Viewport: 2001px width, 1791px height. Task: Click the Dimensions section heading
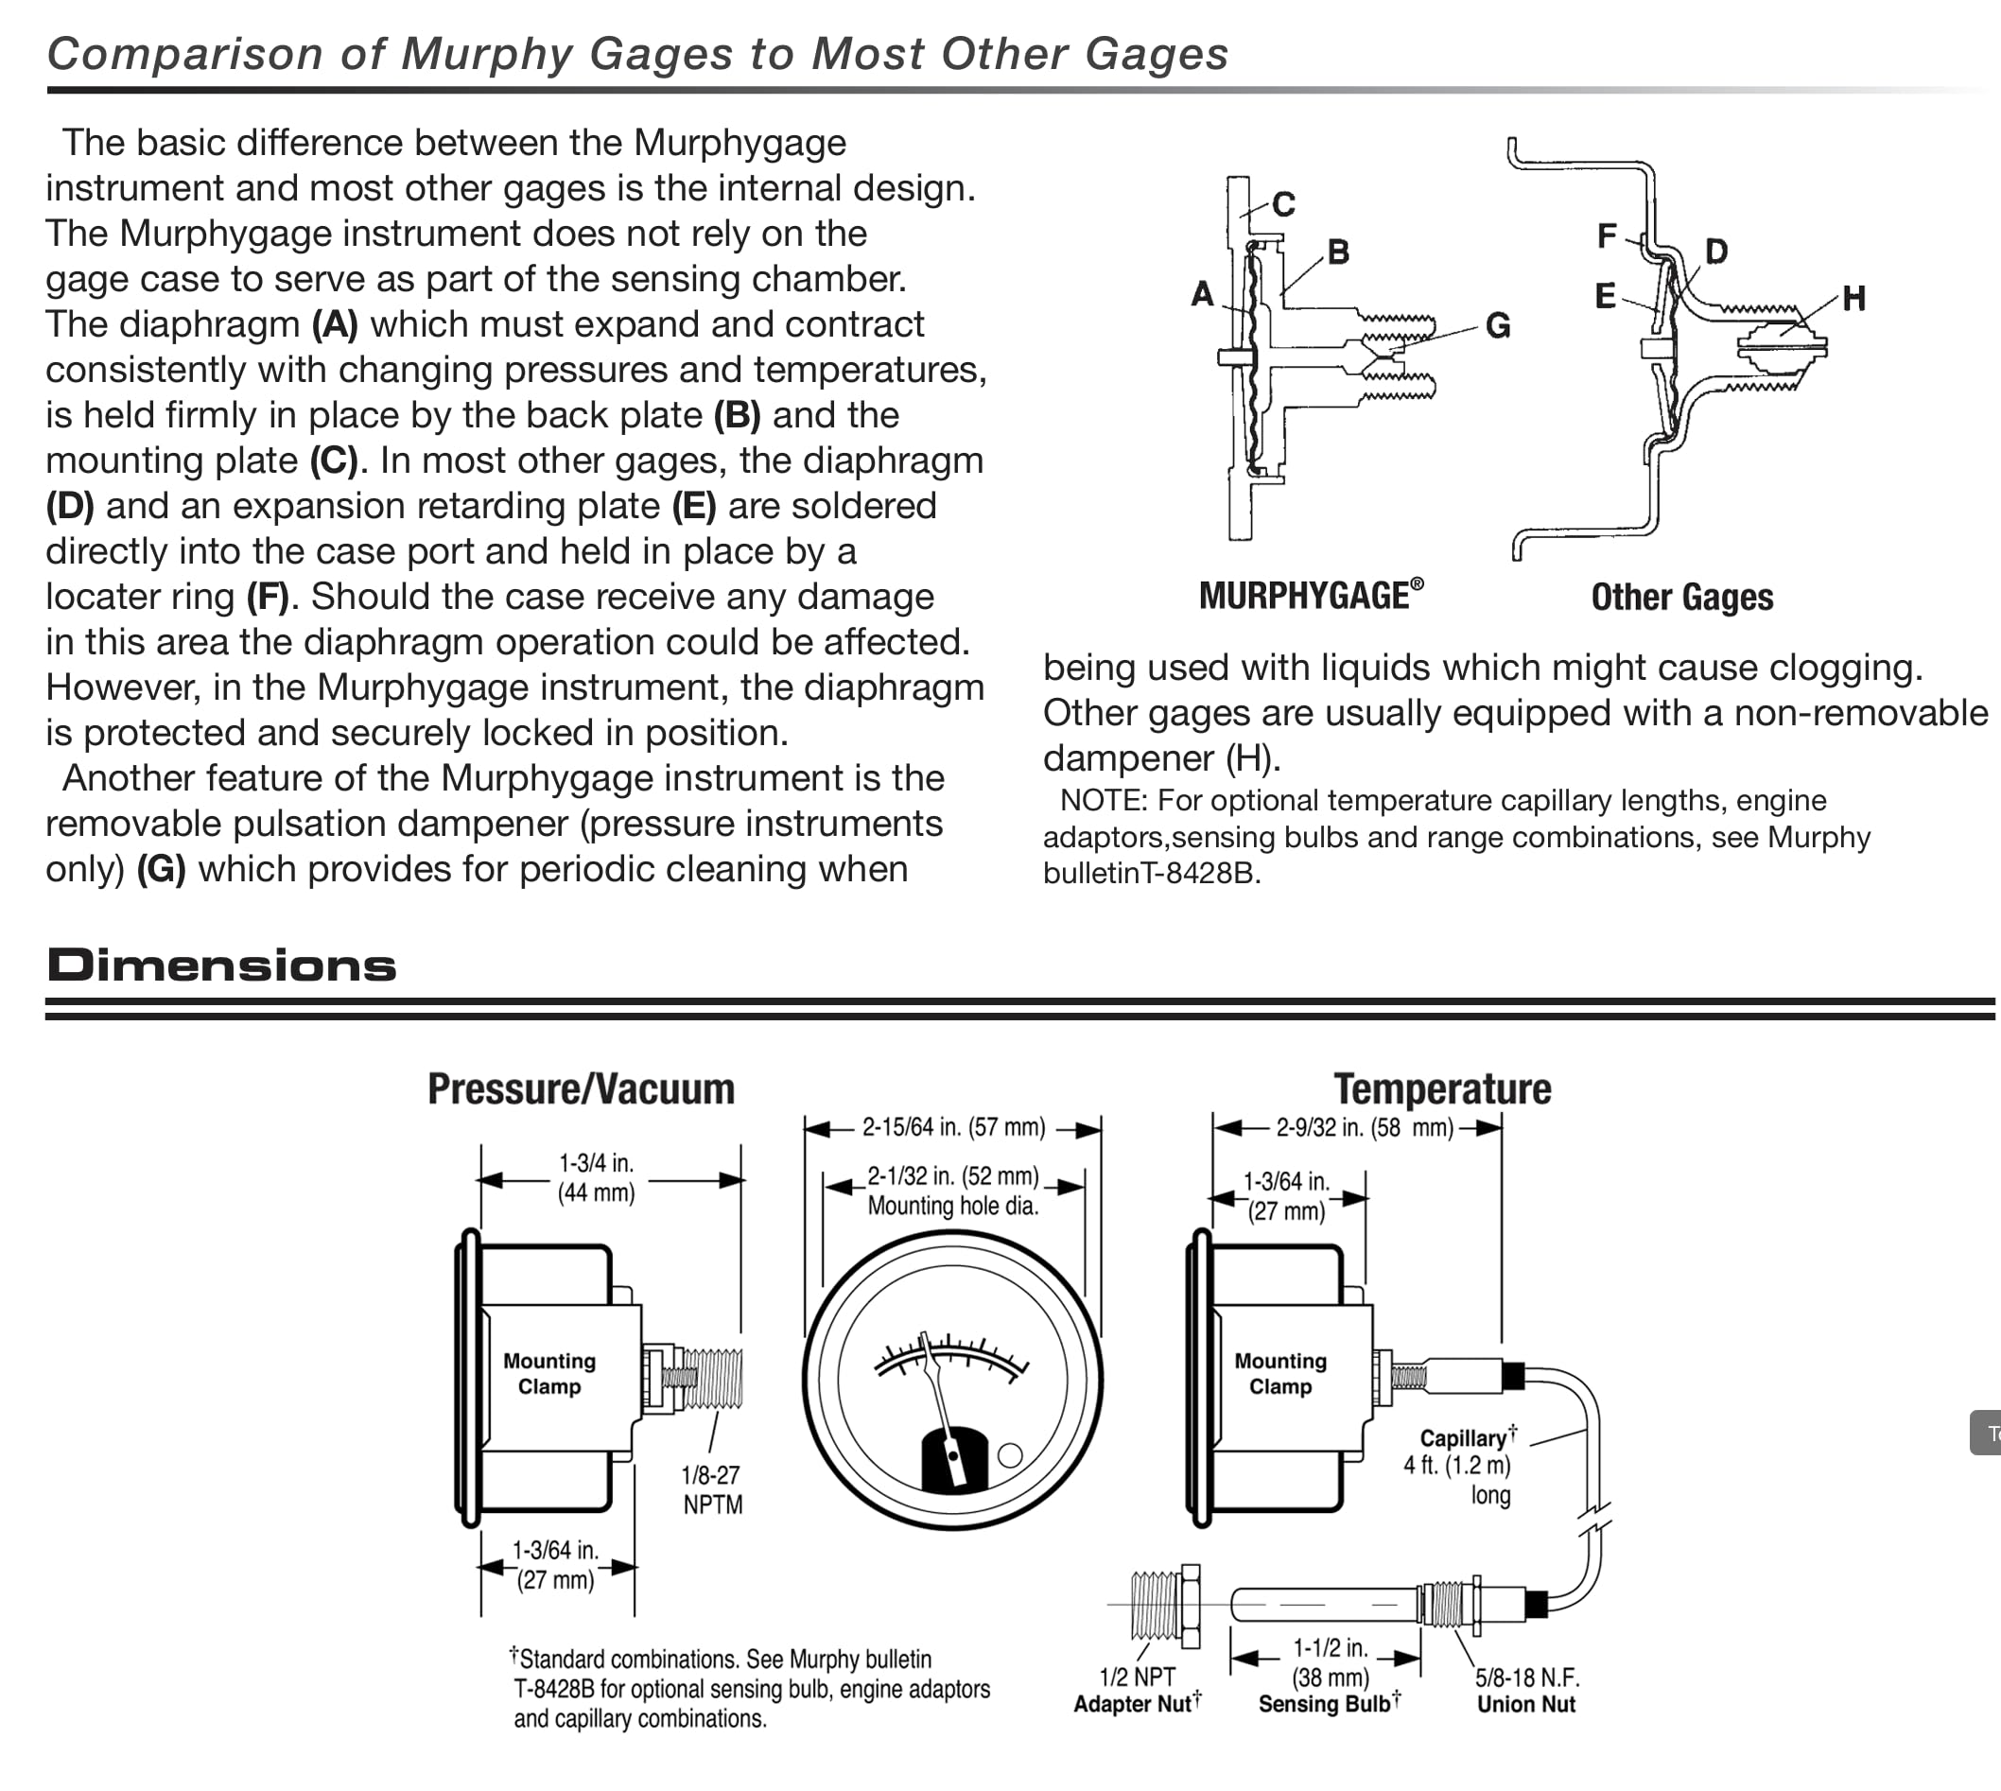221,965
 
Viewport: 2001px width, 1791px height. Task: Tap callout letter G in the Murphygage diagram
1497,325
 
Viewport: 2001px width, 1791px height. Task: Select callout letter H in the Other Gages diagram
1853,298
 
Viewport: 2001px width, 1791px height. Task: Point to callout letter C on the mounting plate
1282,204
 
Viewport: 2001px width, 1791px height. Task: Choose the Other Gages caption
1681,598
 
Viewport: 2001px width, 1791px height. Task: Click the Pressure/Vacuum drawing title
581,1089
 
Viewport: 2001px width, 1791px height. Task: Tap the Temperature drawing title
1442,1089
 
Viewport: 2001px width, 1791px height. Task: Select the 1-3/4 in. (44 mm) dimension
597,1178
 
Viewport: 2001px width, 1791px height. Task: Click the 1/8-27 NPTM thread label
712,1490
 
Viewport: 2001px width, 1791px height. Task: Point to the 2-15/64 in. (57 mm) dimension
953,1128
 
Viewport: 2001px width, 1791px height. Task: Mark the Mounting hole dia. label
953,1206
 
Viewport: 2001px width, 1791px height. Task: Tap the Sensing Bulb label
1329,1704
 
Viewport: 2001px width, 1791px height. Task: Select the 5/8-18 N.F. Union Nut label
1526,1691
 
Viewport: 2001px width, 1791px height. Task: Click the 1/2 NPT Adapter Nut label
1137,1691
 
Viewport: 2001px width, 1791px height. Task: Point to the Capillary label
1463,1438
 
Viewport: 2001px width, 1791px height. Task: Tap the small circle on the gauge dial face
1010,1454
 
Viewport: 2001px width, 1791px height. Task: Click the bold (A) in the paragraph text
335,324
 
